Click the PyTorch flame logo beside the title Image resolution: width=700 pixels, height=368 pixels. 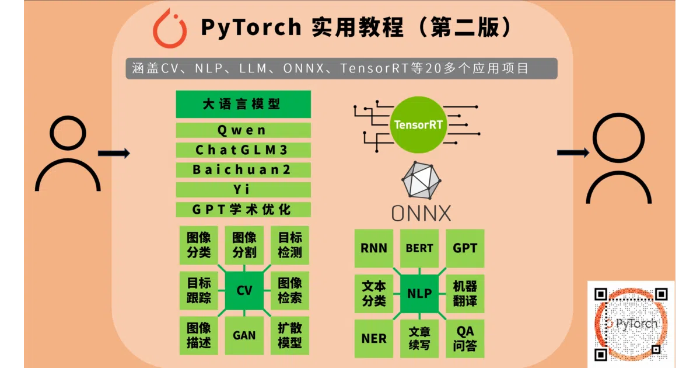tap(169, 29)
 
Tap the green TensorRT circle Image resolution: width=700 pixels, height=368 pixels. tap(418, 124)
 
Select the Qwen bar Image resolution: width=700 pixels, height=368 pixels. tap(243, 130)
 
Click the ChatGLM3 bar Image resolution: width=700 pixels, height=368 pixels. tap(243, 150)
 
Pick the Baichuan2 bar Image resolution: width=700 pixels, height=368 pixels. tap(243, 169)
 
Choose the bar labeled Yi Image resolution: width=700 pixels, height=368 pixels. tap(243, 190)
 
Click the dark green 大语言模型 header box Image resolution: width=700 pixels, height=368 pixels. tap(243, 104)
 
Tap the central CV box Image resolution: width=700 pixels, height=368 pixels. tap(244, 290)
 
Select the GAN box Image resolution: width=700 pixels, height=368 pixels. tap(244, 335)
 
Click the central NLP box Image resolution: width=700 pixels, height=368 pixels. tap(419, 293)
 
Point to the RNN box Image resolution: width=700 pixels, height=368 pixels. tap(374, 248)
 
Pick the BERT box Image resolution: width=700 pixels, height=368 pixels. tap(419, 248)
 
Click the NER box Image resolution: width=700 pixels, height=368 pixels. tap(374, 339)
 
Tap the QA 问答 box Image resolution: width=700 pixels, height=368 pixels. tap(465, 339)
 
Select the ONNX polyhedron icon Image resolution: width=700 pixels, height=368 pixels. tap(421, 180)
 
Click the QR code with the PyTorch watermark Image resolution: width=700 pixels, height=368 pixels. tap(631, 324)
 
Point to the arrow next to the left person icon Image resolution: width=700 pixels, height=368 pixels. tap(114, 153)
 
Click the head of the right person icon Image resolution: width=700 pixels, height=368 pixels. tap(618, 138)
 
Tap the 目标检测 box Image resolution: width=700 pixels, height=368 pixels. tap(290, 245)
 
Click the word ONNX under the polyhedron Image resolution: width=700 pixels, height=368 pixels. tap(421, 213)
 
